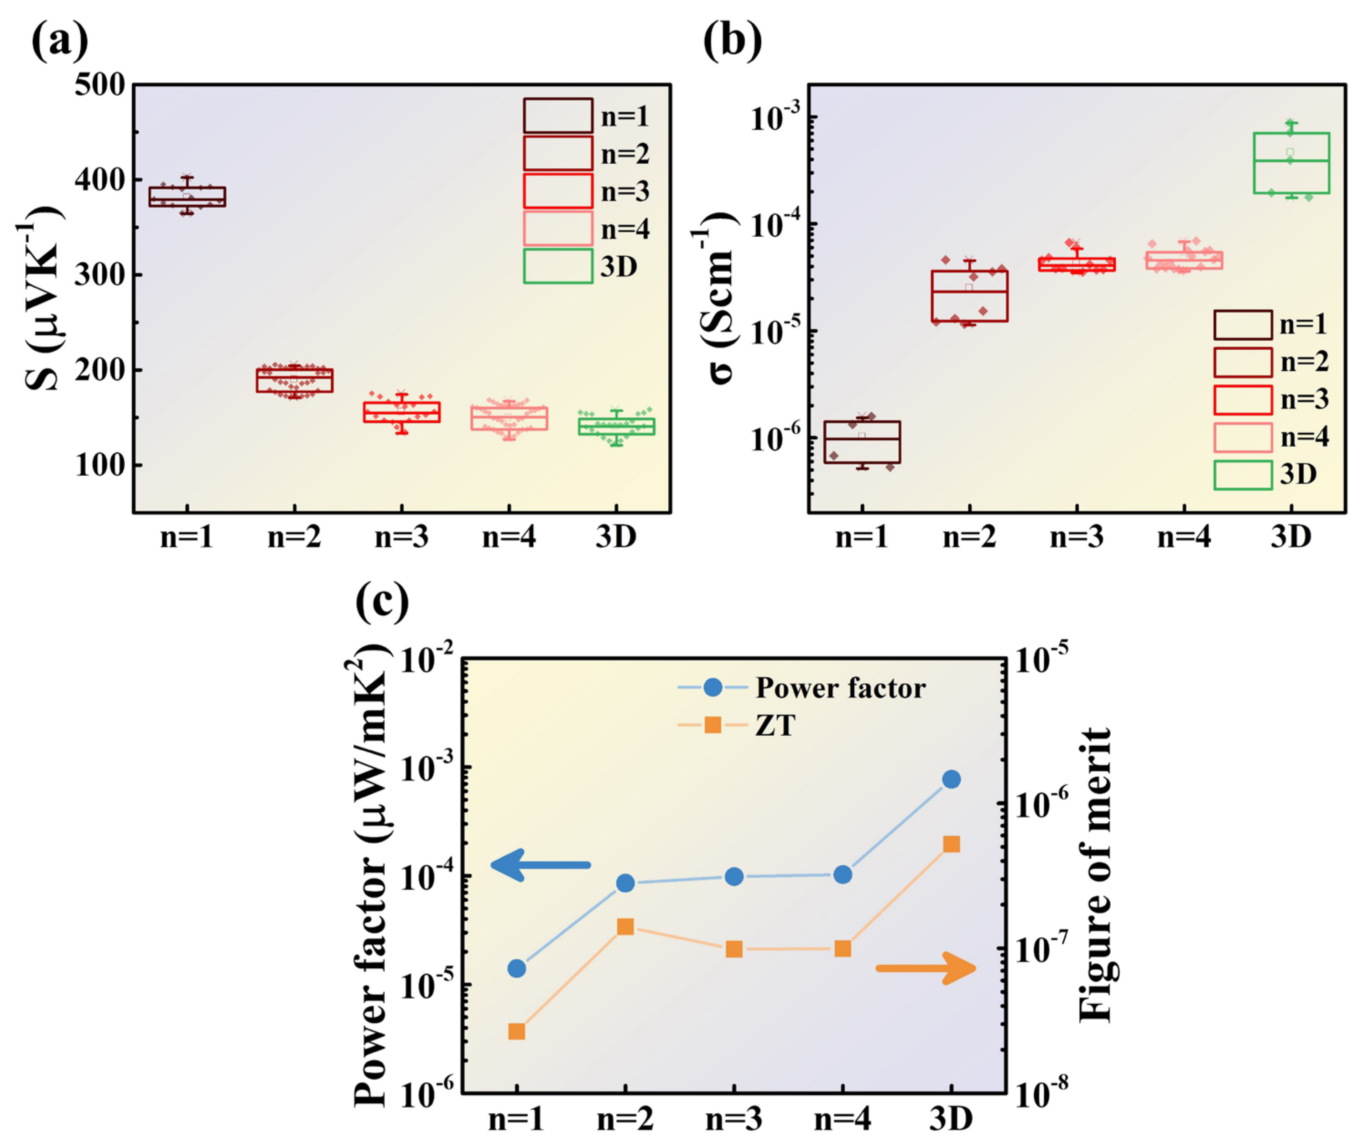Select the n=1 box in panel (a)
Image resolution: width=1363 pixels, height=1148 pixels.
[x=187, y=197]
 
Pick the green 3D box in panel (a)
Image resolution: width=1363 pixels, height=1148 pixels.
[x=616, y=426]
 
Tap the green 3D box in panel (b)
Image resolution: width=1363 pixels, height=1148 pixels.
[x=1291, y=163]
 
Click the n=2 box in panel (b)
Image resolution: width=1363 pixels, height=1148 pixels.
[x=970, y=296]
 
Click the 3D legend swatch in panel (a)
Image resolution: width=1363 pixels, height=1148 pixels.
[x=558, y=266]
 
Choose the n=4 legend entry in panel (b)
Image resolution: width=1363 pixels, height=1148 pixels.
[x=1270, y=437]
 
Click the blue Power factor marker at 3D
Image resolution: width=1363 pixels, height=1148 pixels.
[x=951, y=779]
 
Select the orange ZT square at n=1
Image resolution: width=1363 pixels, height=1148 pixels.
[x=517, y=1032]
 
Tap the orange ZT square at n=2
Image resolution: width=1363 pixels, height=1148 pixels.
[x=625, y=926]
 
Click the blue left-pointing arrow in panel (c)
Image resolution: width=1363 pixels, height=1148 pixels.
[x=540, y=865]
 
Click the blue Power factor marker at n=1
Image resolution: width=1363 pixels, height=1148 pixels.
[x=517, y=968]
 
